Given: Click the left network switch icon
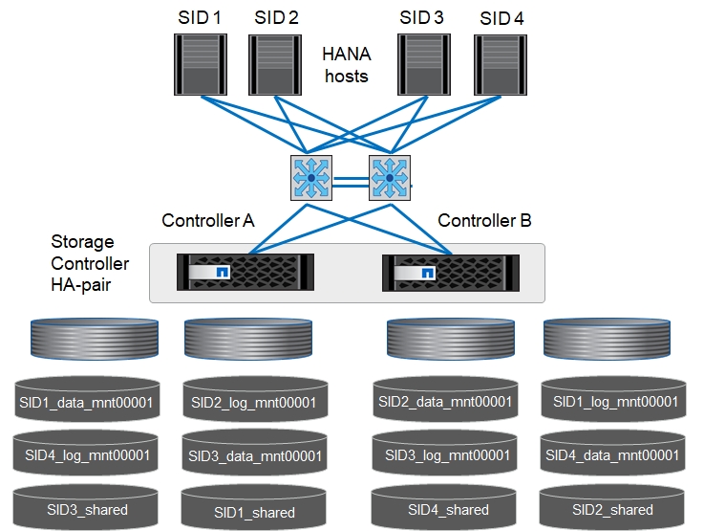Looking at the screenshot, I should tap(310, 178).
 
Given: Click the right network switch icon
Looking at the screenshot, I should tap(389, 178).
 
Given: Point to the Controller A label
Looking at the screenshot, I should tap(207, 221).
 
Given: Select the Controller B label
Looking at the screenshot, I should tap(484, 221).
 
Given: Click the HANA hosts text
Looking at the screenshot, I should tap(346, 65).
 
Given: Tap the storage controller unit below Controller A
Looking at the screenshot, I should tap(245, 273).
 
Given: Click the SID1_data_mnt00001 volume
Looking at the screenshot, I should tap(86, 402).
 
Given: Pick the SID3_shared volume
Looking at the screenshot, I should tap(86, 509).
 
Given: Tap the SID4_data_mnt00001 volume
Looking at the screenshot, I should tap(611, 455).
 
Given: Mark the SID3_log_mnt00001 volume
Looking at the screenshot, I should tap(441, 455).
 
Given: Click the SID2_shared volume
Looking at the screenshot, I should tap(611, 509).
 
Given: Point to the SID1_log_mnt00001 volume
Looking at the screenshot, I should tap(611, 402).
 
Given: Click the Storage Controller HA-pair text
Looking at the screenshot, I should tap(90, 263).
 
